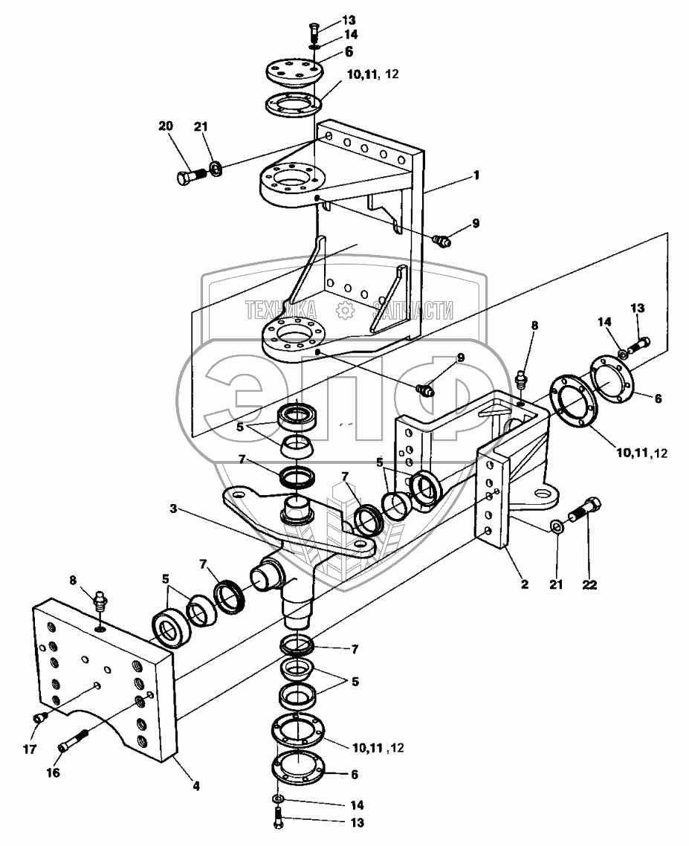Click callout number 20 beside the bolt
click(x=166, y=126)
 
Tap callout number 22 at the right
click(x=589, y=584)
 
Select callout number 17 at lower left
click(x=30, y=749)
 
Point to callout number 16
click(x=53, y=772)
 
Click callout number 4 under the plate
click(x=196, y=787)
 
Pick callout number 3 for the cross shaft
click(x=173, y=508)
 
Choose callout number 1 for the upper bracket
click(x=476, y=175)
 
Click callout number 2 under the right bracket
click(x=525, y=584)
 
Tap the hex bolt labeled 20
click(x=190, y=176)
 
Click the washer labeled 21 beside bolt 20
click(x=216, y=168)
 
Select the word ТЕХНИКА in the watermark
click(x=281, y=310)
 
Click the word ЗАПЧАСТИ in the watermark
click(x=413, y=310)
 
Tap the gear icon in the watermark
click(x=344, y=310)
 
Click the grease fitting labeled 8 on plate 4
click(x=100, y=601)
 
